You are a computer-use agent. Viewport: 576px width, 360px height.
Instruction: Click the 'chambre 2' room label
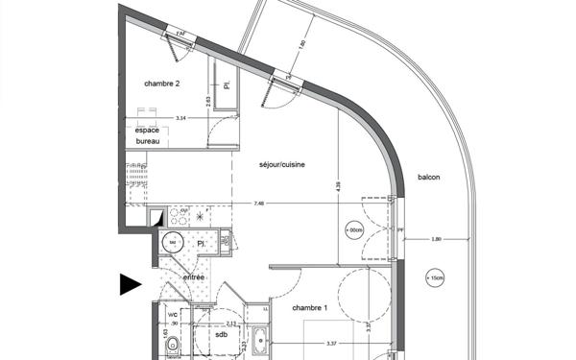pos(162,84)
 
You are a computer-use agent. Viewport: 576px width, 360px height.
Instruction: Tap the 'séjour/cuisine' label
pos(282,165)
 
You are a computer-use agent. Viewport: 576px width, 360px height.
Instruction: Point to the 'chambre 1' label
pos(292,306)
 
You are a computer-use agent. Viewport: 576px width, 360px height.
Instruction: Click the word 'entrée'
pos(193,276)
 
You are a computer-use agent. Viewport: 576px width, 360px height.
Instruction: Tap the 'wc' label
pos(174,314)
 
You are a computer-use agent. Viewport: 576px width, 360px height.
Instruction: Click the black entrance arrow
pos(130,283)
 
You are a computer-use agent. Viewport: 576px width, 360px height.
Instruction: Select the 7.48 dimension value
pos(259,204)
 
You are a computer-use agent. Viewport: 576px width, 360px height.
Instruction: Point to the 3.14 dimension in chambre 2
pos(179,119)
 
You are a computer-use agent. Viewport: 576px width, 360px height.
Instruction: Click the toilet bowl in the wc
pos(172,346)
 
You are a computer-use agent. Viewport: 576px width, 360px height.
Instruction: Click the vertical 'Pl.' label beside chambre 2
pos(227,85)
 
